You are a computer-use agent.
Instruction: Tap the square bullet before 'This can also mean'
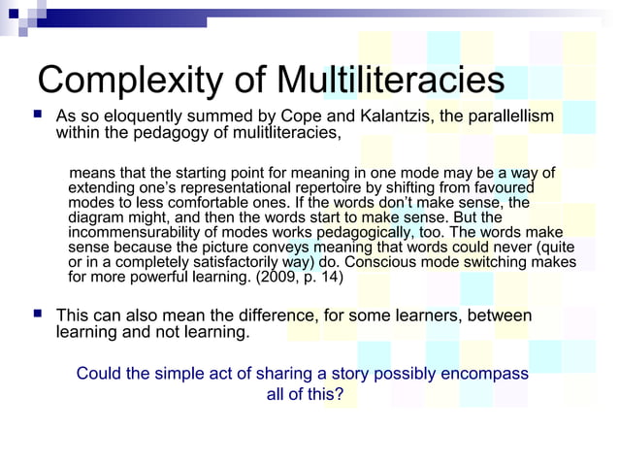(x=37, y=315)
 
